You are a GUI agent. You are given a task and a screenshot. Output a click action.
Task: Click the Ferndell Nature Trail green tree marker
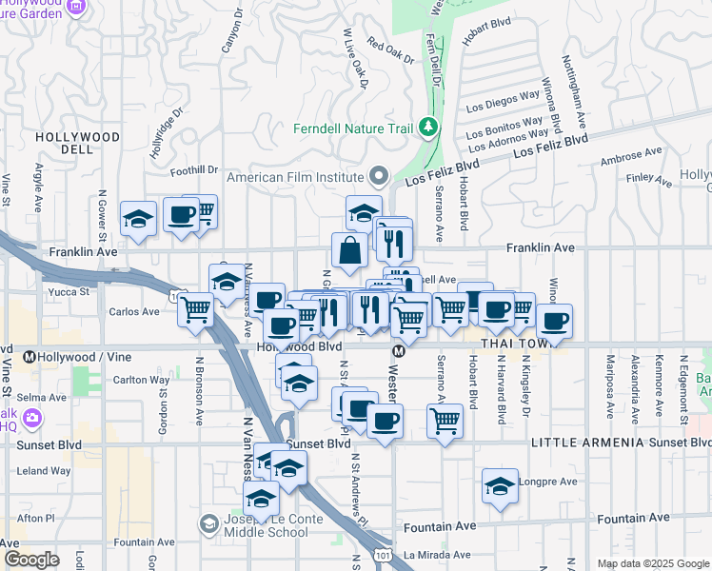pyautogui.click(x=428, y=127)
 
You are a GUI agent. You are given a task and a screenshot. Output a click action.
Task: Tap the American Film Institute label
pyautogui.click(x=295, y=177)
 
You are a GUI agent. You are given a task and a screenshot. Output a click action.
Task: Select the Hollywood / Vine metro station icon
pyautogui.click(x=29, y=357)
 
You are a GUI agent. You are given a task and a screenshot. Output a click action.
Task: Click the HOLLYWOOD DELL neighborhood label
pyautogui.click(x=77, y=143)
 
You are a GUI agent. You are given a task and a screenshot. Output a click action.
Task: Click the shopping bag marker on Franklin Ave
pyautogui.click(x=349, y=251)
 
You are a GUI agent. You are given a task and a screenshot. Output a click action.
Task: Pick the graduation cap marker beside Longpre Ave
pyautogui.click(x=500, y=486)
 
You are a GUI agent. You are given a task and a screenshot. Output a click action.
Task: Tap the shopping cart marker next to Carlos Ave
pyautogui.click(x=195, y=310)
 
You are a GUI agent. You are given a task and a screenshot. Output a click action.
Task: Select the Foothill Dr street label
pyautogui.click(x=194, y=171)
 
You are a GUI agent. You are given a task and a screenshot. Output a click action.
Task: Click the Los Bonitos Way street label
pyautogui.click(x=504, y=131)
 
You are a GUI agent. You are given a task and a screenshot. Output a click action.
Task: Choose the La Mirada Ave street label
pyautogui.click(x=437, y=554)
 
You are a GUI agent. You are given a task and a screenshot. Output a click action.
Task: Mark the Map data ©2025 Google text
pyautogui.click(x=652, y=563)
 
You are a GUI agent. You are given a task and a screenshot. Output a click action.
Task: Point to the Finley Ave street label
pyautogui.click(x=648, y=178)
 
